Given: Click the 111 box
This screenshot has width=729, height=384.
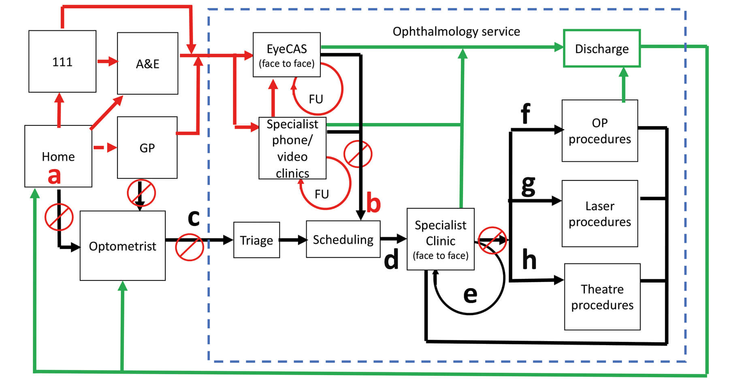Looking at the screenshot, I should click(62, 62).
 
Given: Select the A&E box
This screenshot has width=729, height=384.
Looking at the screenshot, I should click(147, 64).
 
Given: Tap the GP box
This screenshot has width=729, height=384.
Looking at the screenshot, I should click(147, 148).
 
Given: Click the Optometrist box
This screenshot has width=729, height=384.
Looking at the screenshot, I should click(122, 246).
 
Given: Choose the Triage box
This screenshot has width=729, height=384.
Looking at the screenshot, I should click(256, 240).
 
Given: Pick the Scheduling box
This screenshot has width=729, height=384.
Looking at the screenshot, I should click(343, 239).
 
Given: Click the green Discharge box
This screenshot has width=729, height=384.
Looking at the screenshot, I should click(602, 49).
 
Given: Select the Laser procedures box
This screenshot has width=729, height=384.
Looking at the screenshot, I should click(600, 214).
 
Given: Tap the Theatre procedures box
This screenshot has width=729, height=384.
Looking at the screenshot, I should click(602, 297).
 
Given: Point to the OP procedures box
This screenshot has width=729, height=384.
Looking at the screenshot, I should click(600, 131).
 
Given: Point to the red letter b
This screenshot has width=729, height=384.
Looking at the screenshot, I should click(373, 203).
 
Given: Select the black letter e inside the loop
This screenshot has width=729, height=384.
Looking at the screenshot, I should click(470, 294).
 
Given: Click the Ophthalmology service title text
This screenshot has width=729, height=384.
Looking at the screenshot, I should click(456, 32).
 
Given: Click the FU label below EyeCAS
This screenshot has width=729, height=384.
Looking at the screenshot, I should click(316, 99).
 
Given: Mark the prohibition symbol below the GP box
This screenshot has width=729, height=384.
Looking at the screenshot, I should click(141, 193).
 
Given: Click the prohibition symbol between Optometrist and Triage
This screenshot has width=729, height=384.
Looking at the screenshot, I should click(189, 247).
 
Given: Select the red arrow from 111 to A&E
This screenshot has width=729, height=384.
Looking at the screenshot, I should click(107, 62).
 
